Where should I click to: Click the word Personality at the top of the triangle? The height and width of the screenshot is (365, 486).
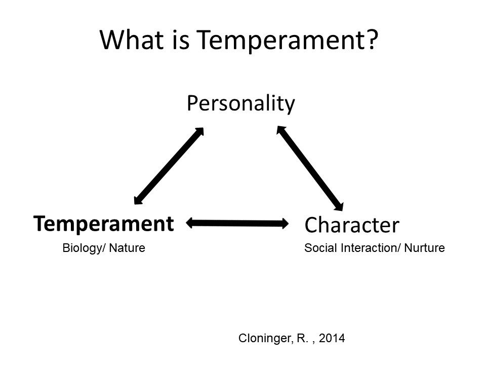(x=241, y=104)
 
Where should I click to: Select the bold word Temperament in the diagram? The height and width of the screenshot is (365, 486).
(x=103, y=224)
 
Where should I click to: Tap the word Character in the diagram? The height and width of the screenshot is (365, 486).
(x=352, y=225)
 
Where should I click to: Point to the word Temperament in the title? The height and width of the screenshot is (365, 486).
(x=280, y=40)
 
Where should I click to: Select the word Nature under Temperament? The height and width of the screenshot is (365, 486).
(x=127, y=248)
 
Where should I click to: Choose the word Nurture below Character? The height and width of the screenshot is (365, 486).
(x=425, y=248)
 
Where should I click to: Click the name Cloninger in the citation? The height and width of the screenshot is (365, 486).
(x=265, y=338)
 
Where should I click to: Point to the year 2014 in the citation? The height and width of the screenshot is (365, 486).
(x=332, y=338)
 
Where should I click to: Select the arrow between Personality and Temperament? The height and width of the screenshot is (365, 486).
(x=169, y=166)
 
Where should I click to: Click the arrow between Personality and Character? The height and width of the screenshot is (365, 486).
(x=310, y=168)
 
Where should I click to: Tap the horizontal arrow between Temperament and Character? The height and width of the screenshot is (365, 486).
(x=237, y=223)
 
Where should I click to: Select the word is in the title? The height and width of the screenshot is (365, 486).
(x=180, y=40)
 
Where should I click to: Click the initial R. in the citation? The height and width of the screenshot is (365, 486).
(x=303, y=338)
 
